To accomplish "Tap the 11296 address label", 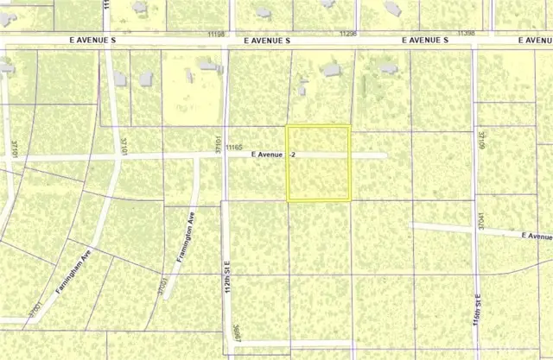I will coord(348,33).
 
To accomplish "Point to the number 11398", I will coord(466,33).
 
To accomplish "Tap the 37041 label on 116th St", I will coord(480,221).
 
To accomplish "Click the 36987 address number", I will coord(235,336).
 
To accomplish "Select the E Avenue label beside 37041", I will coord(536,235).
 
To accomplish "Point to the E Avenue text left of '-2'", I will coord(267,155).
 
